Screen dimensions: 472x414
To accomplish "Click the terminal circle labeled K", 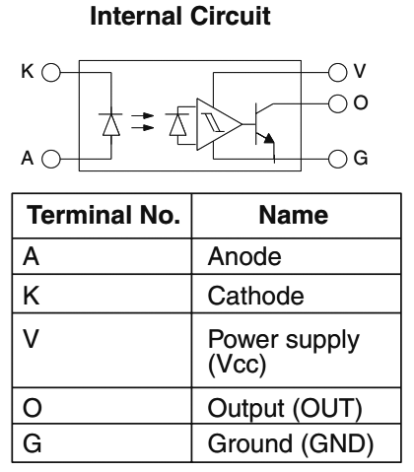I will pos(50,73).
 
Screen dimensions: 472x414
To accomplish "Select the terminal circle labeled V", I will pos(337,73).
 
